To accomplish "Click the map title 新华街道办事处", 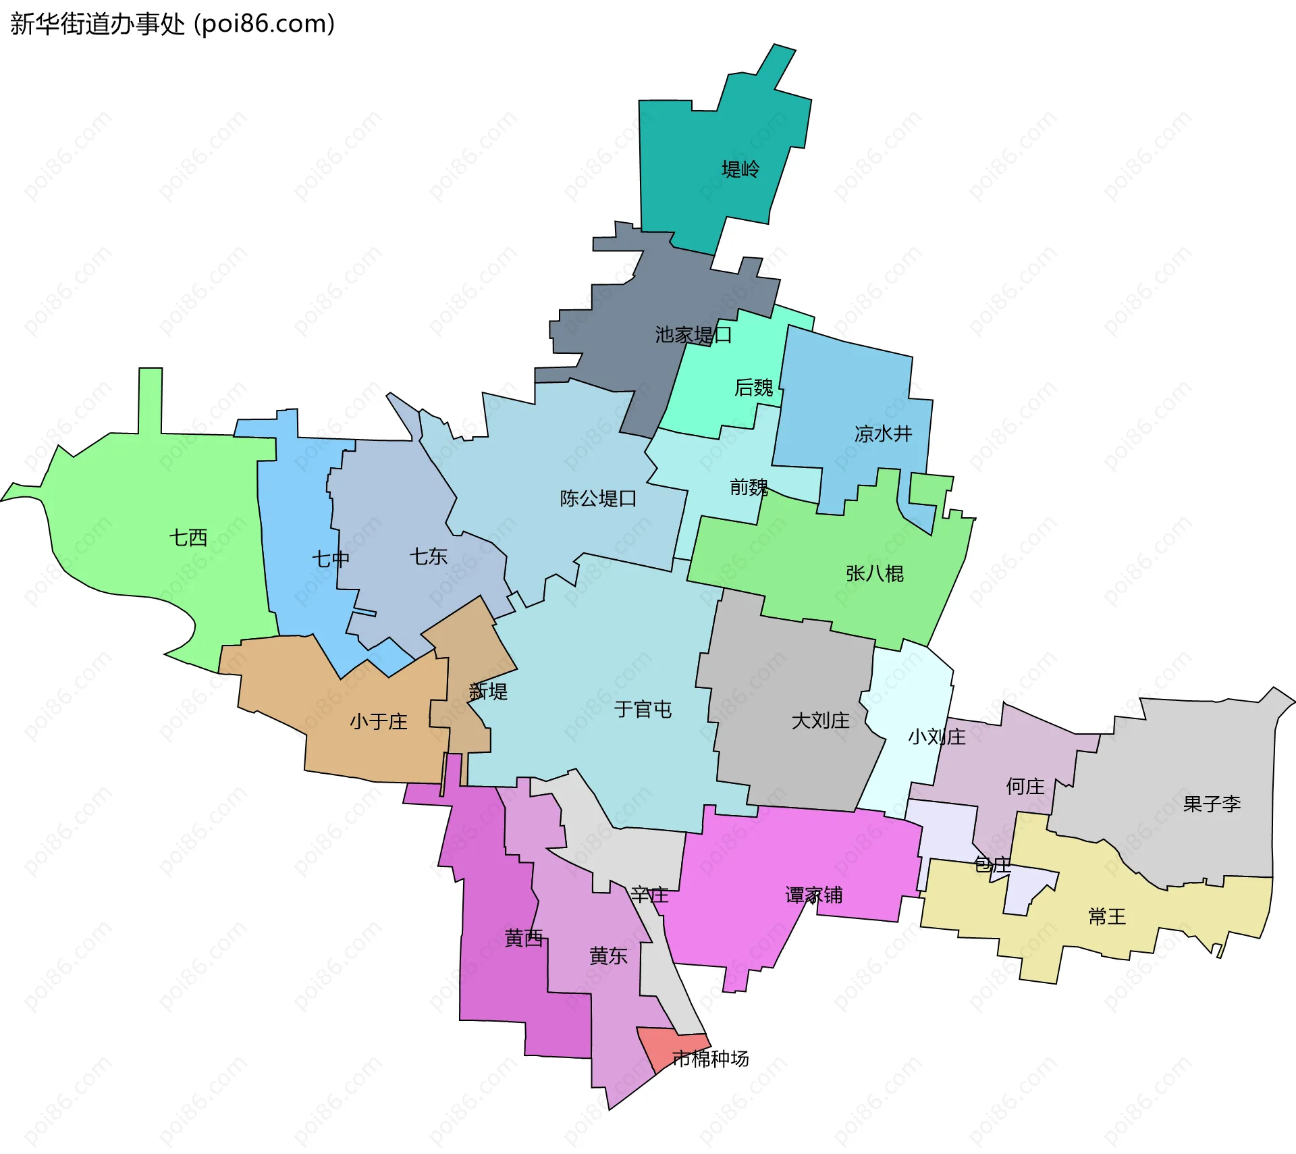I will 98,24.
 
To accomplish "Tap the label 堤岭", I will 740,169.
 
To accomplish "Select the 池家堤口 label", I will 693,335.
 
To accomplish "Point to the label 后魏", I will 754,388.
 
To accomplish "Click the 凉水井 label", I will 883,434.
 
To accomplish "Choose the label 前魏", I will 749,487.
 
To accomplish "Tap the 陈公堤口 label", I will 598,498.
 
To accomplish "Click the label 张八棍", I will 874,573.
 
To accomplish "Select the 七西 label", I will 188,537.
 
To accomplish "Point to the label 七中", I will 330,558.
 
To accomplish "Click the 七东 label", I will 428,556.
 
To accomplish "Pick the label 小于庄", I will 378,721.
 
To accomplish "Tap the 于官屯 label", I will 643,709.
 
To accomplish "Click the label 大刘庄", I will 820,720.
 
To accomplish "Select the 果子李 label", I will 1212,804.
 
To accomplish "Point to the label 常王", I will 1107,916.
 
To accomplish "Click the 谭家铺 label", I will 813,895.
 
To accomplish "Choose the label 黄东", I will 608,955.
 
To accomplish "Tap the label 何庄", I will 1025,786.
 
